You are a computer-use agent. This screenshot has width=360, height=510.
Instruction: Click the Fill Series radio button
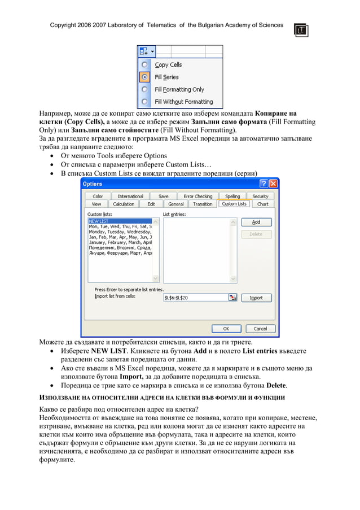[144, 77]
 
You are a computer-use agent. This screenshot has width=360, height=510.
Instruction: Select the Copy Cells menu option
[168, 65]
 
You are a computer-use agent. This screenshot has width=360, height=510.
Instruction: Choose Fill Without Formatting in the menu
[183, 102]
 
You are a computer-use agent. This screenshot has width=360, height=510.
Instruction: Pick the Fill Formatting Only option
[179, 89]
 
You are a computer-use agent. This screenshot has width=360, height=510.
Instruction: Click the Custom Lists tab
[234, 204]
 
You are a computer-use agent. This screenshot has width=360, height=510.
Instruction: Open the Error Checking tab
[197, 197]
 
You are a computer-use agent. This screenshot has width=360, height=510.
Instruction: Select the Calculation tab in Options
[124, 204]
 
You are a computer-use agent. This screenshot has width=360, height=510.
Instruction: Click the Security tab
[260, 197]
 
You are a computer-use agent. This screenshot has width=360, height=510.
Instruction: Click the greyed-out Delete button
[256, 234]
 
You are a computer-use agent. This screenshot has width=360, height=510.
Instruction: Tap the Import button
[256, 298]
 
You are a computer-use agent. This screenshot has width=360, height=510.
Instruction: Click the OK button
[226, 328]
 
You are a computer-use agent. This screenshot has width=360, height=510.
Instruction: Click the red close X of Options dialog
[273, 184]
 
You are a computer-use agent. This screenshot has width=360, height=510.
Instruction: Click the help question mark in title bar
[264, 184]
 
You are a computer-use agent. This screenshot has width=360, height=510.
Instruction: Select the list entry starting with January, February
[120, 242]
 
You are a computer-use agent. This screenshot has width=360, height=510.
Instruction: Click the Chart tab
[263, 204]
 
